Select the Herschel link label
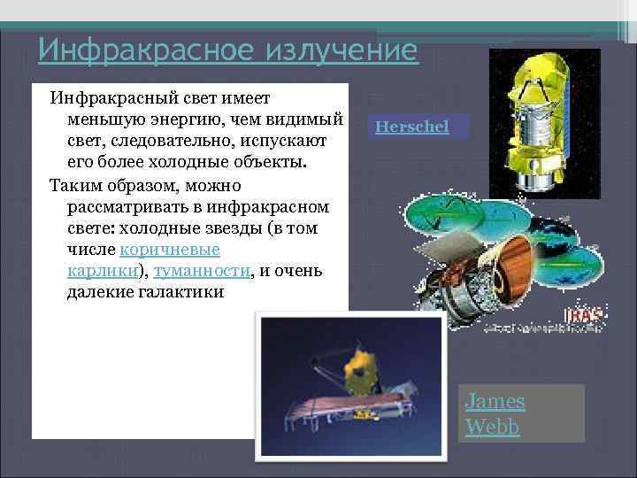(411, 127)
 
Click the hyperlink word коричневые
(170, 250)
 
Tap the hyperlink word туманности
(201, 271)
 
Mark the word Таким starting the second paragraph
(74, 185)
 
